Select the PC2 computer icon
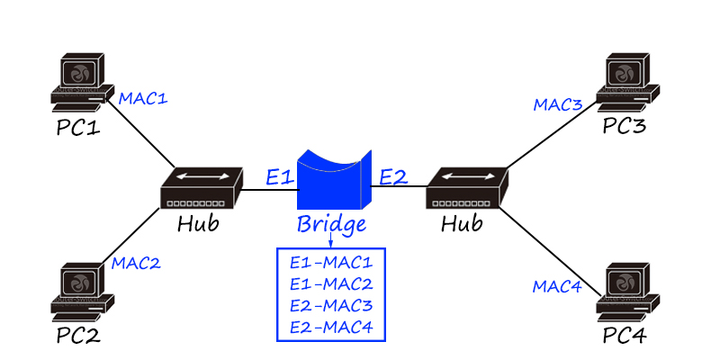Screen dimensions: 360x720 [x=86, y=293]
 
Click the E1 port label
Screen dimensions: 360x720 [x=278, y=177]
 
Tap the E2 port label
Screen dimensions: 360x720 [x=392, y=177]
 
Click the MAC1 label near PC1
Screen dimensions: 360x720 [x=144, y=97]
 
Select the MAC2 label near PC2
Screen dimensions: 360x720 [x=136, y=264]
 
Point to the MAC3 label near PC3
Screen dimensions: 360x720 [x=558, y=105]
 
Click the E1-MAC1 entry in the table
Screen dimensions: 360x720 [x=330, y=263]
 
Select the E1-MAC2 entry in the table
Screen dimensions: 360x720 [x=330, y=284]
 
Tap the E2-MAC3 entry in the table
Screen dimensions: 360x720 [x=330, y=306]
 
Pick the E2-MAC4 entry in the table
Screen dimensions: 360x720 [x=330, y=327]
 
